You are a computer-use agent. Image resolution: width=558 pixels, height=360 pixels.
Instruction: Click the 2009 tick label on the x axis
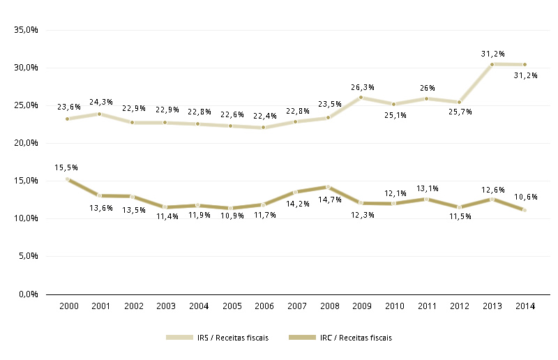point(361,306)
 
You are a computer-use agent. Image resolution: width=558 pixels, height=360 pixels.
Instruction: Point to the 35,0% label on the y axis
point(26,31)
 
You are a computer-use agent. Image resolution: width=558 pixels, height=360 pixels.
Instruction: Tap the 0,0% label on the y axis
point(28,294)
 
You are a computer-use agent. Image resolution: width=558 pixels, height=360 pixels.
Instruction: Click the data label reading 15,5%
point(66,167)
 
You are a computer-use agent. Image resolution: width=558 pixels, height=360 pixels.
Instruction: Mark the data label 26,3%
point(363,87)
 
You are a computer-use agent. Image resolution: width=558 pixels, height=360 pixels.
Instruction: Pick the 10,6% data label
point(525,196)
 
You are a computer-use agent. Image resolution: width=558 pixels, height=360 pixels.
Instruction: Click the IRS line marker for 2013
point(492,64)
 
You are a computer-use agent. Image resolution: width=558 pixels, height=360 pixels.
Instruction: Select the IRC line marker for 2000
point(67,179)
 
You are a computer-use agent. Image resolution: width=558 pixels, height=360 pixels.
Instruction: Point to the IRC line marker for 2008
point(329,187)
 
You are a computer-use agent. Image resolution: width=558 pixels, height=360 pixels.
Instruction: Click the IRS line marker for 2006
point(263,128)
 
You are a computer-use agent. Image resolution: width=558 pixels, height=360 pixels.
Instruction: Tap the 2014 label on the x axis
point(525,306)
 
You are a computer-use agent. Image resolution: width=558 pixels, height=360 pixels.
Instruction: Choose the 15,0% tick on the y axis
point(26,181)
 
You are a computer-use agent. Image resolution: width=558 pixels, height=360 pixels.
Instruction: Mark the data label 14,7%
point(330,200)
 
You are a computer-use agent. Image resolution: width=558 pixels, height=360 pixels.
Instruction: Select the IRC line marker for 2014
point(525,210)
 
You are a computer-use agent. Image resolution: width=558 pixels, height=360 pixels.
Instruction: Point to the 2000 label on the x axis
point(68,306)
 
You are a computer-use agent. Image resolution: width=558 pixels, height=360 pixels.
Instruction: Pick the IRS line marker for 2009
point(361,98)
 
